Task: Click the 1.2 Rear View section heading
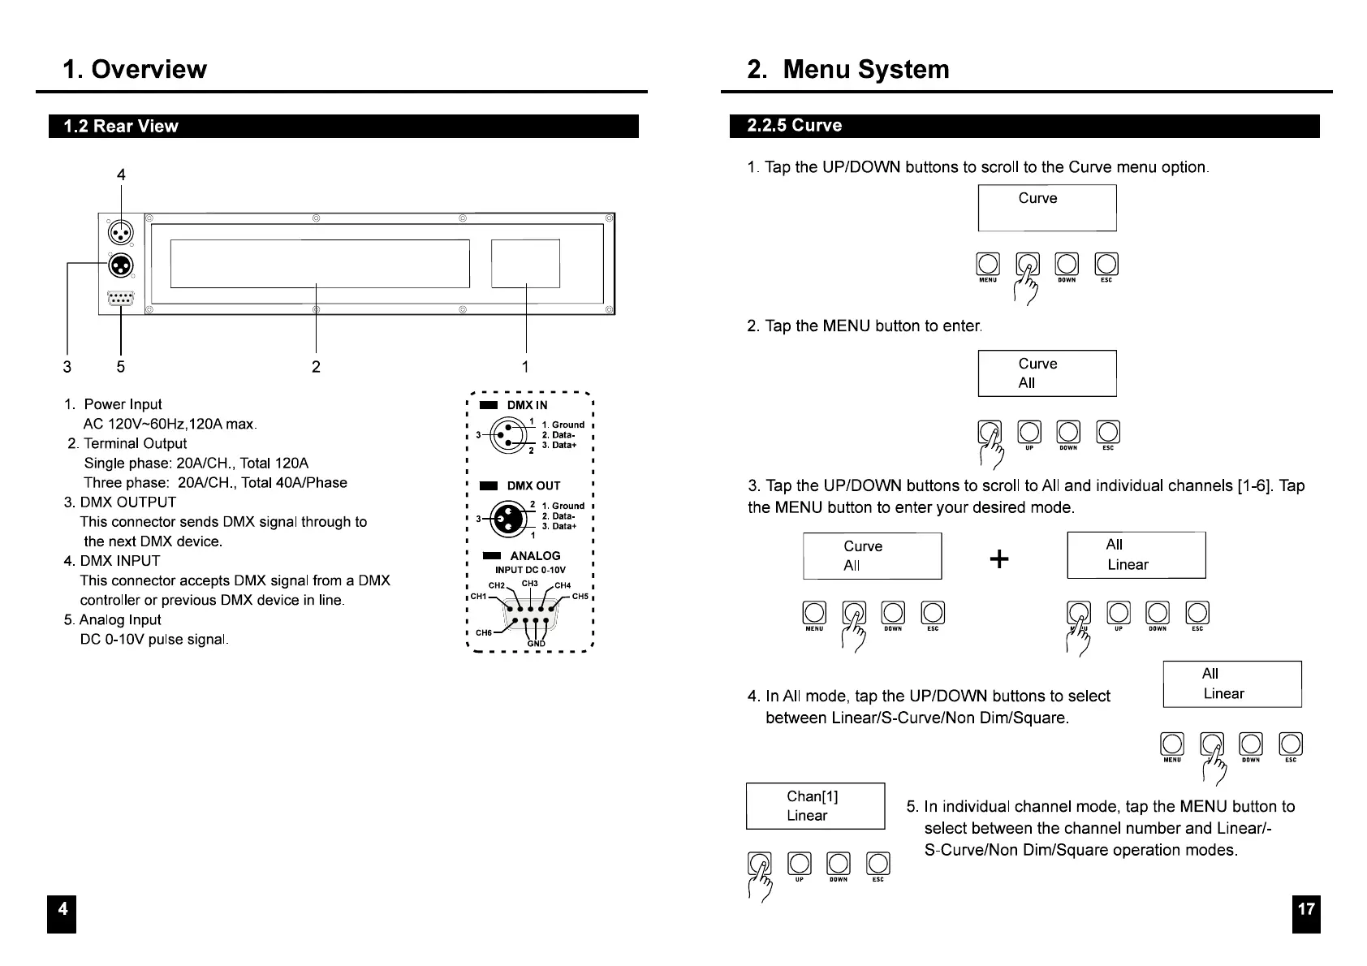(121, 127)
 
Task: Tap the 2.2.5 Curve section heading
(794, 126)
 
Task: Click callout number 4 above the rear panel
(122, 175)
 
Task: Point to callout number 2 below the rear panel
(316, 367)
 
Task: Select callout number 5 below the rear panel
(121, 367)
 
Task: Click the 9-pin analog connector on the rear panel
(120, 298)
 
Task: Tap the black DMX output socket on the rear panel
(121, 265)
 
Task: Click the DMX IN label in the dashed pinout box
(528, 405)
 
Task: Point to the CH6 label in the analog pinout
(483, 633)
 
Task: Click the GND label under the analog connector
(537, 644)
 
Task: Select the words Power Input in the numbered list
(123, 404)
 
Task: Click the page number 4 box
(62, 913)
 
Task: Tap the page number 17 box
(1306, 913)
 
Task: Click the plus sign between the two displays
(999, 559)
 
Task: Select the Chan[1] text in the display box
(813, 796)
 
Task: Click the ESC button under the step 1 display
(1106, 265)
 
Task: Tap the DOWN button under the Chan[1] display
(839, 864)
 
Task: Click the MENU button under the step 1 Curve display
(988, 265)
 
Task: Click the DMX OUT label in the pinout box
(533, 485)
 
